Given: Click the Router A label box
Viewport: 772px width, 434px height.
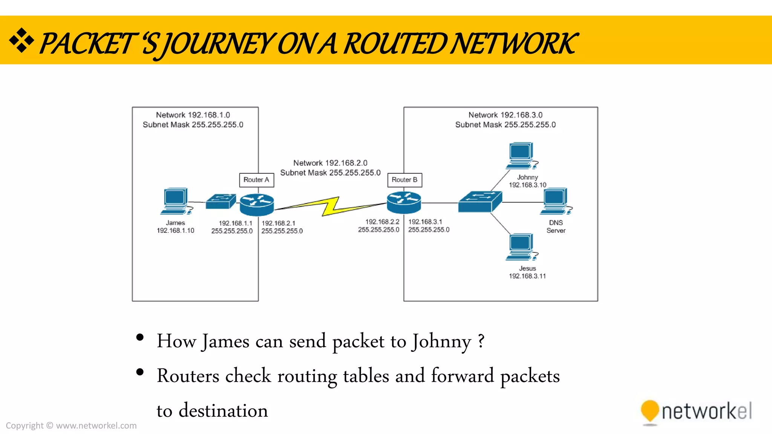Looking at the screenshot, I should [x=256, y=180].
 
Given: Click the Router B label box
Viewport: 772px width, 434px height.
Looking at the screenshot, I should [x=404, y=180].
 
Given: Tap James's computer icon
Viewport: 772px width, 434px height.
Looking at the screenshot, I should [x=176, y=201].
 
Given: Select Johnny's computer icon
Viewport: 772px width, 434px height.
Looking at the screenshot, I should [x=521, y=155].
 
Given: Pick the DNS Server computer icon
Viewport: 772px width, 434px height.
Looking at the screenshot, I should [x=556, y=201].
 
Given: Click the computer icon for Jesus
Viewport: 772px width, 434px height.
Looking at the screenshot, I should [x=521, y=247].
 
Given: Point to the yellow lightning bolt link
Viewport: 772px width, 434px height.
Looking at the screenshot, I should [x=330, y=206].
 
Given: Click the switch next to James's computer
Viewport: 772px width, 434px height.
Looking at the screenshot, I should [x=221, y=201].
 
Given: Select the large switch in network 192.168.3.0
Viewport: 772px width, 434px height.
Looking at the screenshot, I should [x=479, y=202].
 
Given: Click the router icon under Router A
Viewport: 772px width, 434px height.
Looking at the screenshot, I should [x=257, y=205].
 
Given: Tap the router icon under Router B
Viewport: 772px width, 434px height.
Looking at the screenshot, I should [x=404, y=202].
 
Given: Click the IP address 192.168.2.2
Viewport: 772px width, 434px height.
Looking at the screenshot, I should [x=382, y=222].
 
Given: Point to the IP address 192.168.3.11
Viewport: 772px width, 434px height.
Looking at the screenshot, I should [x=527, y=276].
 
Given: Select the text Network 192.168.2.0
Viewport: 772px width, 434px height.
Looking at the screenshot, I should [x=330, y=163].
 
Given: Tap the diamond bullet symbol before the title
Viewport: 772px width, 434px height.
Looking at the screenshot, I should [x=21, y=40].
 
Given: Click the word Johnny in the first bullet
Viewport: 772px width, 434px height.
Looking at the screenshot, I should [x=441, y=341].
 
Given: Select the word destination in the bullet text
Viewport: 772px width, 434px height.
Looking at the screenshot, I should [x=223, y=411].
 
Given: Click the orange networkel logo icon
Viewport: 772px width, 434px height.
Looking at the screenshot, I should [x=649, y=411].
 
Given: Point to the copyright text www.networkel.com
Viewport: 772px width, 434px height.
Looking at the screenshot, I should [x=96, y=426].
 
